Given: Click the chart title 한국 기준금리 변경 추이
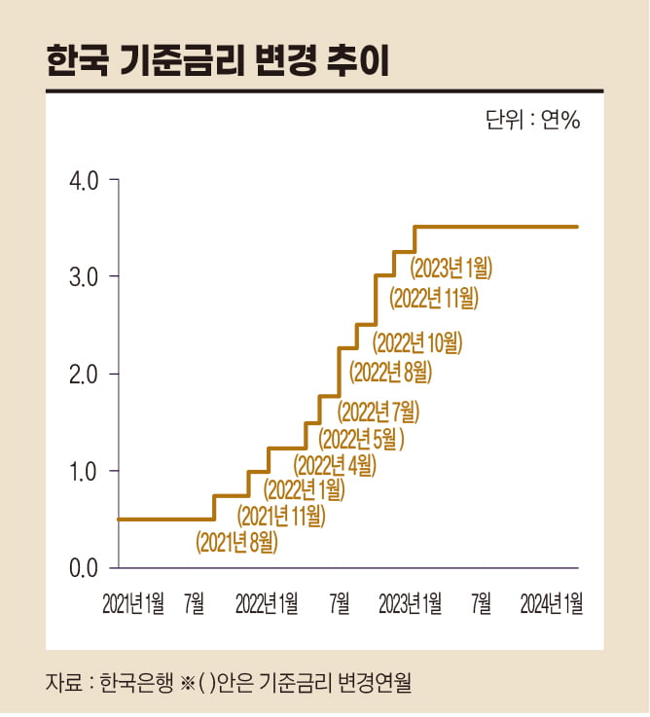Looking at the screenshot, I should tap(218, 61).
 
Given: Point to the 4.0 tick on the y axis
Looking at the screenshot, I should tap(87, 181).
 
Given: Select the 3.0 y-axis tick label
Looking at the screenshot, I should tap(87, 277).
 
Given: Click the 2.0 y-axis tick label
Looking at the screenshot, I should tap(87, 375).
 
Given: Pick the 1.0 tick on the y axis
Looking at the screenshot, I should tap(87, 471).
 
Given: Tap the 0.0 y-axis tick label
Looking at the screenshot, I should tap(87, 567).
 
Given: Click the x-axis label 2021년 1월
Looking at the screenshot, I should tap(133, 605).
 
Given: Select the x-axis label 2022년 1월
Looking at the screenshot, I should tap(267, 605).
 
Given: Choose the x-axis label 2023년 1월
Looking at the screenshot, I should tap(410, 605).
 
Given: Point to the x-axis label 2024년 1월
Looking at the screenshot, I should tap(552, 605).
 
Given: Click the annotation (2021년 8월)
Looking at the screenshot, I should tap(236, 542).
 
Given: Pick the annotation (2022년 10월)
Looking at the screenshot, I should tap(418, 342).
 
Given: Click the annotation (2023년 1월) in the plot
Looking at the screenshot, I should tap(451, 266).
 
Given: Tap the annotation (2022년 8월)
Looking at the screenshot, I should tap(389, 371).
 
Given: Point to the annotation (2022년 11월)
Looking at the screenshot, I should tap(434, 298).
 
